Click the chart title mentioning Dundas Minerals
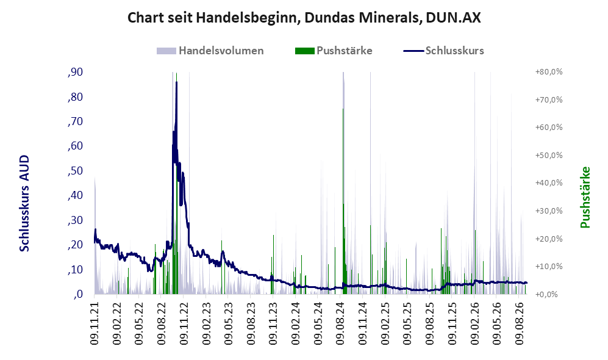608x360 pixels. tap(304, 18)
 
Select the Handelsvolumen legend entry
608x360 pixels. tap(210, 51)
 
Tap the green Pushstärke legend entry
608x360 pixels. tap(334, 51)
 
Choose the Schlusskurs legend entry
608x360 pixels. tap(443, 51)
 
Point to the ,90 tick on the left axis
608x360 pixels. tap(75, 72)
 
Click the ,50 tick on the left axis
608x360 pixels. tap(75, 171)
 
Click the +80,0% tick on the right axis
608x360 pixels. tap(549, 72)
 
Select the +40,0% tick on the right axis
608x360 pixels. tap(549, 182)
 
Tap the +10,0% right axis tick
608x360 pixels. tap(549, 266)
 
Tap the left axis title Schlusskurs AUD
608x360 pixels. tap(24, 203)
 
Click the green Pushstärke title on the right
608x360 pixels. tap(585, 197)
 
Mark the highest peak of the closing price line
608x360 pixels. tap(176, 82)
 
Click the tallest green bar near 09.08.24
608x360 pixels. tap(343, 201)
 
